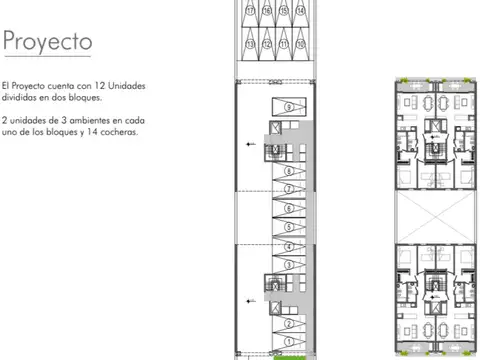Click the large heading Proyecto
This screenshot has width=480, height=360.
[48, 43]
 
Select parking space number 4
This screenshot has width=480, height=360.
[288, 243]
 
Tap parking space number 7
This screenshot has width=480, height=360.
[288, 171]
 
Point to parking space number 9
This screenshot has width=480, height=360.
[288, 106]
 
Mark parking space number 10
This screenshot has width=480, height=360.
[300, 44]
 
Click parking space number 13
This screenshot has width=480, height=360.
[248, 44]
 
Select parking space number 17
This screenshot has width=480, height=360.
[248, 11]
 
